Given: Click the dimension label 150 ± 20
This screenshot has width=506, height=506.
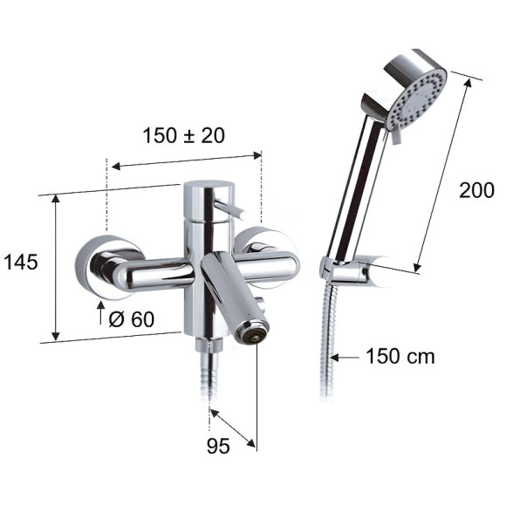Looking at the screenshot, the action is [x=183, y=135].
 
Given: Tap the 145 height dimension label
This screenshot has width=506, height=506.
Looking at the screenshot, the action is [x=21, y=262].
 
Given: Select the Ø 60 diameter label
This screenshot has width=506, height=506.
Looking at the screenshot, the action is [x=132, y=319].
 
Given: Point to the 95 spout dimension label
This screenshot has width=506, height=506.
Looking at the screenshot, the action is [x=218, y=447].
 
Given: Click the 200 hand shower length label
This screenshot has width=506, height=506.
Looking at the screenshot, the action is [x=476, y=190].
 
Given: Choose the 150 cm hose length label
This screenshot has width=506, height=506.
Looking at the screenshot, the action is [x=400, y=357].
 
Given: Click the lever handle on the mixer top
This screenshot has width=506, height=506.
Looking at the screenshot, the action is [x=229, y=209].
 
